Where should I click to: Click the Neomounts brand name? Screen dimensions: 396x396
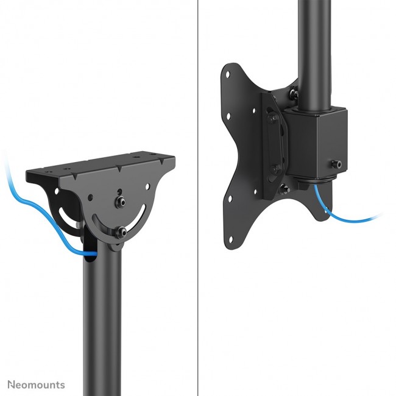[36, 384]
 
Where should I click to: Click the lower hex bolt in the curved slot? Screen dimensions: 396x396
[123, 232]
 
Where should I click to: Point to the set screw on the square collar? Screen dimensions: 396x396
[336, 164]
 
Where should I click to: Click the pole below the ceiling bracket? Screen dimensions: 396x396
[102, 317]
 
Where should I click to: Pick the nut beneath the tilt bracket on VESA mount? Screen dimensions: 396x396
[283, 189]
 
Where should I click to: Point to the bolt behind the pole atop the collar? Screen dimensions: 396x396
[294, 94]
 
